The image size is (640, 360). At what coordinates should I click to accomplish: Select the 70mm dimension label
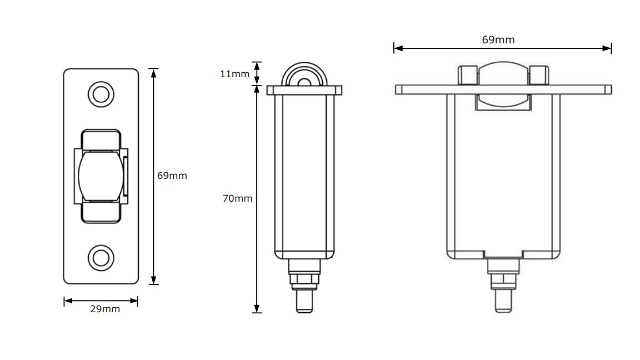(237, 198)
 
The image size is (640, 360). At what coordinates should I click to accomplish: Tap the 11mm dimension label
(234, 73)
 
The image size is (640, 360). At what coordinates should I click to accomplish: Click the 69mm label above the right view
(498, 39)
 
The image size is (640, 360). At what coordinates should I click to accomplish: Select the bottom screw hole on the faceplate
(101, 257)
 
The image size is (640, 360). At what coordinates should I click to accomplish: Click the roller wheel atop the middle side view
(304, 78)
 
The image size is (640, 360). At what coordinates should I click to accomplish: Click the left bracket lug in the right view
(467, 75)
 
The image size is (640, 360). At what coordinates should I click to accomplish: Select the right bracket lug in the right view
(538, 75)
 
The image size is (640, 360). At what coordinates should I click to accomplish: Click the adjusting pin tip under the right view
(503, 303)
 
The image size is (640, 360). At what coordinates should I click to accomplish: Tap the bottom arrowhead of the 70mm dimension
(257, 309)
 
